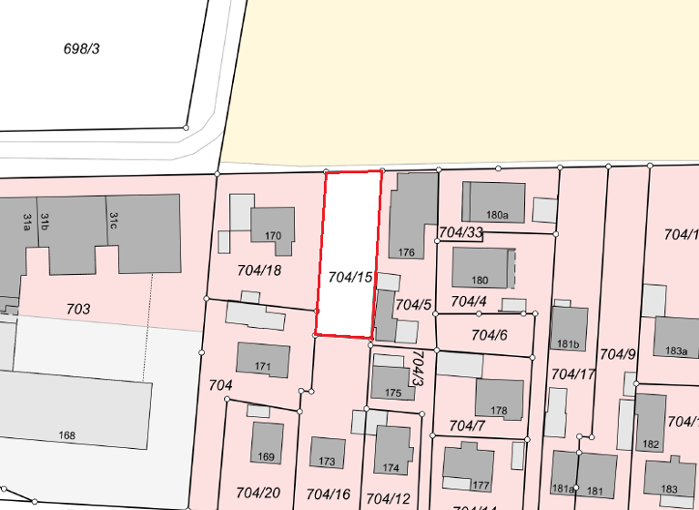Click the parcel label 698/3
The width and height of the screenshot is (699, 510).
(x=81, y=48)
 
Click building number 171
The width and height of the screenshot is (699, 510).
(x=263, y=361)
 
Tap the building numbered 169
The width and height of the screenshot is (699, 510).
(x=266, y=444)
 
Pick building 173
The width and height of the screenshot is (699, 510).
(x=328, y=453)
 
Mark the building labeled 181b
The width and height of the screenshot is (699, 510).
(x=569, y=330)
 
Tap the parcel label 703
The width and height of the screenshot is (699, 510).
(x=78, y=310)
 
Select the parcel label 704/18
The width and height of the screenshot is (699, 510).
(x=258, y=270)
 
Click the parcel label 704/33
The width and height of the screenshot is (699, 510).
(x=461, y=232)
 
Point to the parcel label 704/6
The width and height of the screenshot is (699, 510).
(x=489, y=335)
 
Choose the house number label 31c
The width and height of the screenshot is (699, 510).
(x=114, y=220)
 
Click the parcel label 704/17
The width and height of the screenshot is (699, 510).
(x=573, y=373)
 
